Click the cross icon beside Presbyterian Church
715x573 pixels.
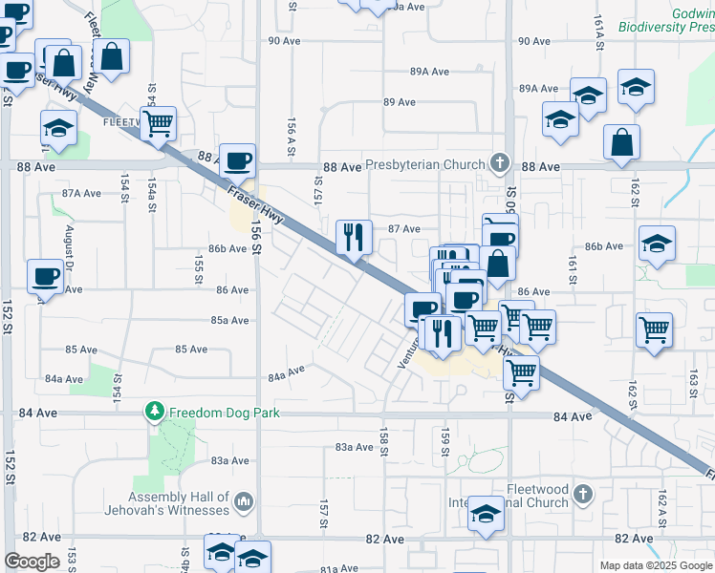(x=497, y=163)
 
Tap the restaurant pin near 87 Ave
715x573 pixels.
(x=354, y=236)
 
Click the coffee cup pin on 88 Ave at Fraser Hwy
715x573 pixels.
(x=237, y=161)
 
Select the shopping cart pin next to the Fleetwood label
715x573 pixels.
(x=158, y=123)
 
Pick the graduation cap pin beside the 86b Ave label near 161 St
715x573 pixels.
(x=657, y=244)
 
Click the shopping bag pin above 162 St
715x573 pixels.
(x=621, y=143)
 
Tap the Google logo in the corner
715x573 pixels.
(x=32, y=562)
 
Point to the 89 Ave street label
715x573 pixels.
(x=399, y=102)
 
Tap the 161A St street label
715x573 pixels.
(x=599, y=44)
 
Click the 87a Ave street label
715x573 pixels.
(x=81, y=193)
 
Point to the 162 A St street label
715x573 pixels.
(x=661, y=502)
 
